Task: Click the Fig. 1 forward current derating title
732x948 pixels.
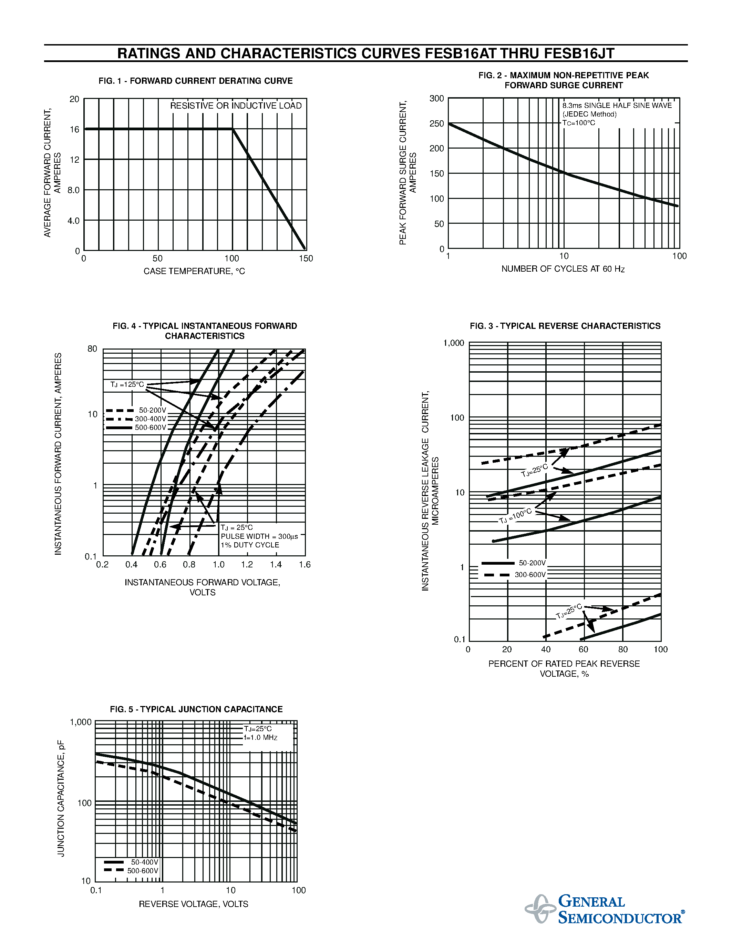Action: pyautogui.click(x=196, y=81)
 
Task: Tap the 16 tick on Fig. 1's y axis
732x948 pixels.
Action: pyautogui.click(x=75, y=129)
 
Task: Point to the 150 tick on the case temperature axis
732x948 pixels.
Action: pyautogui.click(x=306, y=259)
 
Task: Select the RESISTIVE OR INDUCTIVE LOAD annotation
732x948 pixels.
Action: pyautogui.click(x=236, y=106)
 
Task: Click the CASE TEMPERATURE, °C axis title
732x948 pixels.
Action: pyautogui.click(x=194, y=271)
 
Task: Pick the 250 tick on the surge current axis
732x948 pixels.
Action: pyautogui.click(x=437, y=124)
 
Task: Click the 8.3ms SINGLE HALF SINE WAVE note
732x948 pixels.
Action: pyautogui.click(x=617, y=105)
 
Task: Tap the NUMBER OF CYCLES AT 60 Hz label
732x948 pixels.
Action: pyautogui.click(x=563, y=269)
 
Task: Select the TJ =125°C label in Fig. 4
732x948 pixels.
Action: pyautogui.click(x=127, y=385)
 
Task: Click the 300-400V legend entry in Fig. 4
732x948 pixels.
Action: pyautogui.click(x=150, y=419)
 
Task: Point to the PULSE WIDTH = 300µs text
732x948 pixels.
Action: pyautogui.click(x=259, y=536)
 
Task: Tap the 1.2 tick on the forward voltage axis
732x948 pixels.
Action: pyautogui.click(x=247, y=565)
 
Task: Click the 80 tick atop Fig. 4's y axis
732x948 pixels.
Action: pyautogui.click(x=92, y=349)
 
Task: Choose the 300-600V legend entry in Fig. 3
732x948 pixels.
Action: pyautogui.click(x=530, y=575)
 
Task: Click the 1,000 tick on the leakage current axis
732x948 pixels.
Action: pyautogui.click(x=453, y=343)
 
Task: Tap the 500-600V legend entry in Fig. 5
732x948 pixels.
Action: pyautogui.click(x=143, y=871)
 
